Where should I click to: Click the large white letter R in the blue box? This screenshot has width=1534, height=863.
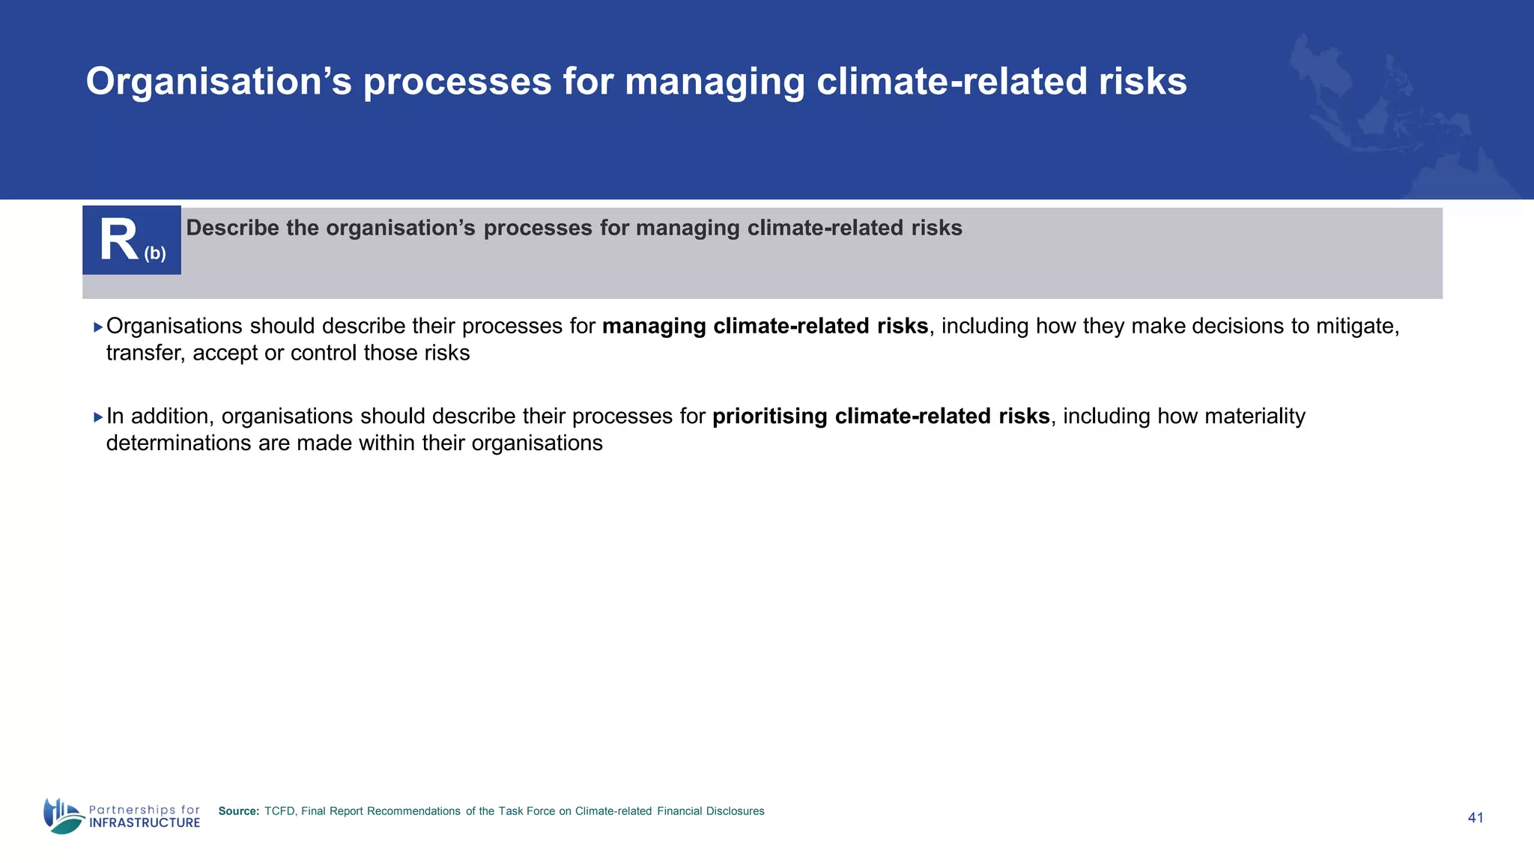pyautogui.click(x=118, y=241)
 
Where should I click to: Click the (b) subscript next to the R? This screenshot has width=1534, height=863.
pyautogui.click(x=155, y=253)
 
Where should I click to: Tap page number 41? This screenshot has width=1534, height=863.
pyautogui.click(x=1475, y=818)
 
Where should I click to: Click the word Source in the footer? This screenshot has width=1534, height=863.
pyautogui.click(x=238, y=811)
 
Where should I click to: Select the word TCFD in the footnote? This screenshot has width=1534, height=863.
pyautogui.click(x=279, y=811)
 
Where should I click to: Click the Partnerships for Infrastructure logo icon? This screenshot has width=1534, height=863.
pyautogui.click(x=63, y=816)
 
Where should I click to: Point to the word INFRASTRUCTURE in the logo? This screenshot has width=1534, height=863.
pyautogui.click(x=145, y=823)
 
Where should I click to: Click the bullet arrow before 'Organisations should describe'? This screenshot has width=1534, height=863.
pyautogui.click(x=98, y=327)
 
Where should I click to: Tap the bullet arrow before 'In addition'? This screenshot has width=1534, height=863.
pyautogui.click(x=98, y=417)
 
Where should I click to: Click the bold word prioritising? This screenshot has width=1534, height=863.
pyautogui.click(x=769, y=417)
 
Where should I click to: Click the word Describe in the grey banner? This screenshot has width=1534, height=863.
pyautogui.click(x=233, y=228)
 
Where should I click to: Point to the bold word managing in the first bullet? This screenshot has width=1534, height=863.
pyautogui.click(x=654, y=327)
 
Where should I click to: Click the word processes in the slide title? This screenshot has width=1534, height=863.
pyautogui.click(x=458, y=82)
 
